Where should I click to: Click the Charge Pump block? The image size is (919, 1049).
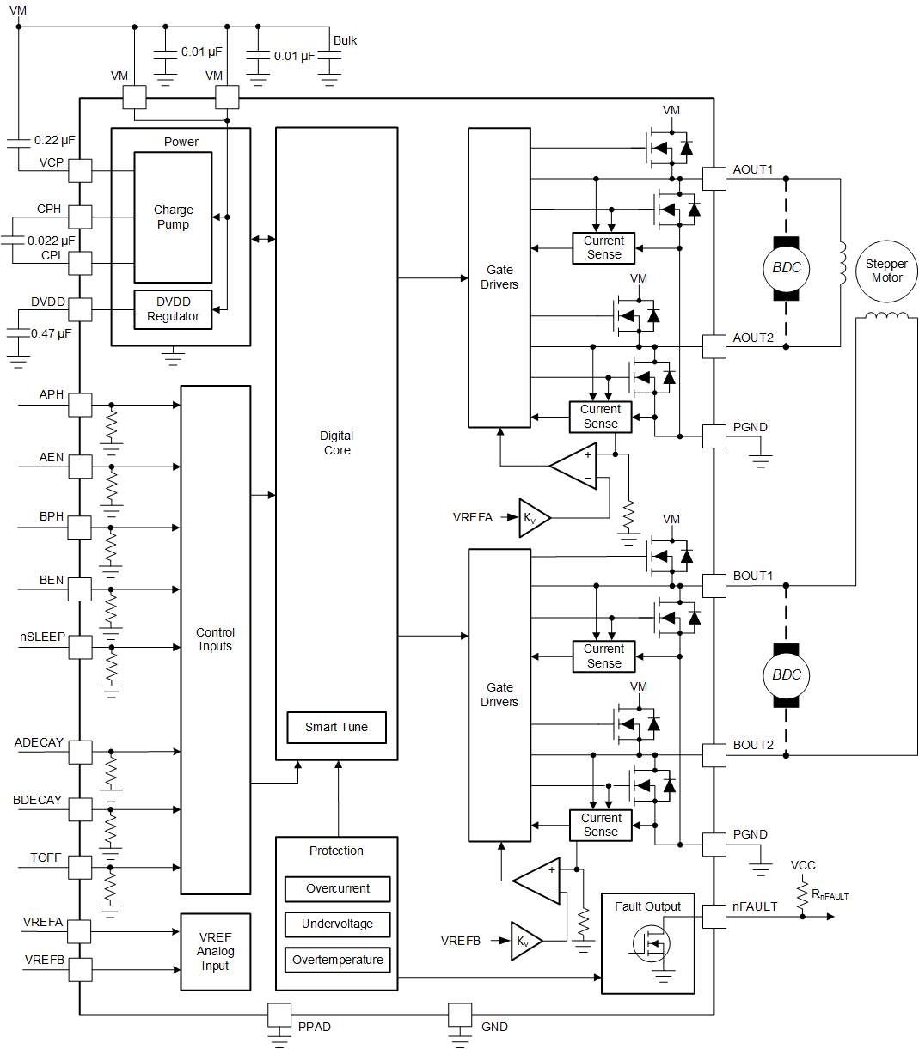pos(173,217)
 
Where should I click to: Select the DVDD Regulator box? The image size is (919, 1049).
pos(173,309)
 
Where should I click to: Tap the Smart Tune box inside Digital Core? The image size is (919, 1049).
pos(336,728)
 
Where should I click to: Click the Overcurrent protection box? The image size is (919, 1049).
pos(337,889)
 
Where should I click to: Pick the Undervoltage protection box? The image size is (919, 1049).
pos(337,924)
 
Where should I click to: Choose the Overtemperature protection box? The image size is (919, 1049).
pos(337,960)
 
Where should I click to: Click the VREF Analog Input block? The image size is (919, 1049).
pos(215,952)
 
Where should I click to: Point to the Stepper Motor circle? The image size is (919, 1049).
pos(886,271)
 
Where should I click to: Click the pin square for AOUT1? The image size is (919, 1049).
pos(714,179)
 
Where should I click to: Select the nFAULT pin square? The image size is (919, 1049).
pos(714,917)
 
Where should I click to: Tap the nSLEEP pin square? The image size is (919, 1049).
pos(80,647)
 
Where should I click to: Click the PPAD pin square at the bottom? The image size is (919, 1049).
pos(279,1015)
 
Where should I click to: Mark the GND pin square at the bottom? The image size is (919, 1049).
pos(460,1015)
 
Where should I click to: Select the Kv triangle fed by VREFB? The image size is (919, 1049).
pos(525,942)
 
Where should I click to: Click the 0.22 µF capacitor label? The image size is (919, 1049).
pos(54,140)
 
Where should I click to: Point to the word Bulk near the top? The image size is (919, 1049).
pos(345,40)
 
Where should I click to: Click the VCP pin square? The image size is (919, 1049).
pos(80,170)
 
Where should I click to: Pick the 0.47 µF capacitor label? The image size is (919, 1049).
pos(52,333)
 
